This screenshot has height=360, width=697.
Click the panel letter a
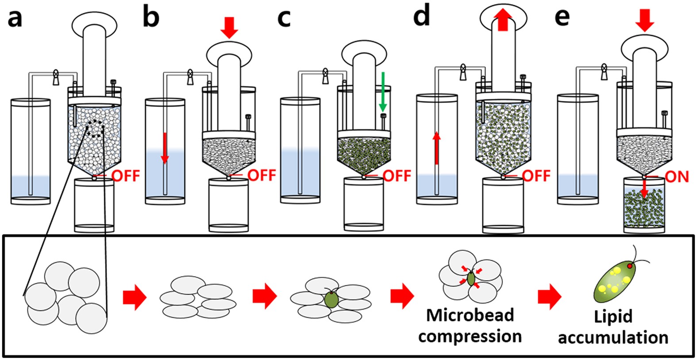[x=15, y=19]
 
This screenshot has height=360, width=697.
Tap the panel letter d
[x=421, y=17]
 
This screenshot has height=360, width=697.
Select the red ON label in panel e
[x=677, y=176]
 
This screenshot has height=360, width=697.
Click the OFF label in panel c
[x=397, y=176]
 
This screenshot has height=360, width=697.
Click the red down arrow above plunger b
[x=229, y=27]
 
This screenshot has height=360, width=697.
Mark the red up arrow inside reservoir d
[x=436, y=148]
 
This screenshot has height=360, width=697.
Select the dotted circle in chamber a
[x=96, y=128]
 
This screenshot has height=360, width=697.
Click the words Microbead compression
[x=470, y=326]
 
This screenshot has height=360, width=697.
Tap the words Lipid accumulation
[x=613, y=327]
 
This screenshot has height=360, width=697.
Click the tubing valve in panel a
[x=56, y=77]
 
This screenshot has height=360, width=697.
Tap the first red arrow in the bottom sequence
[x=134, y=297]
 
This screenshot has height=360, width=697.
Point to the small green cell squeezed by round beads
[x=471, y=278]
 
